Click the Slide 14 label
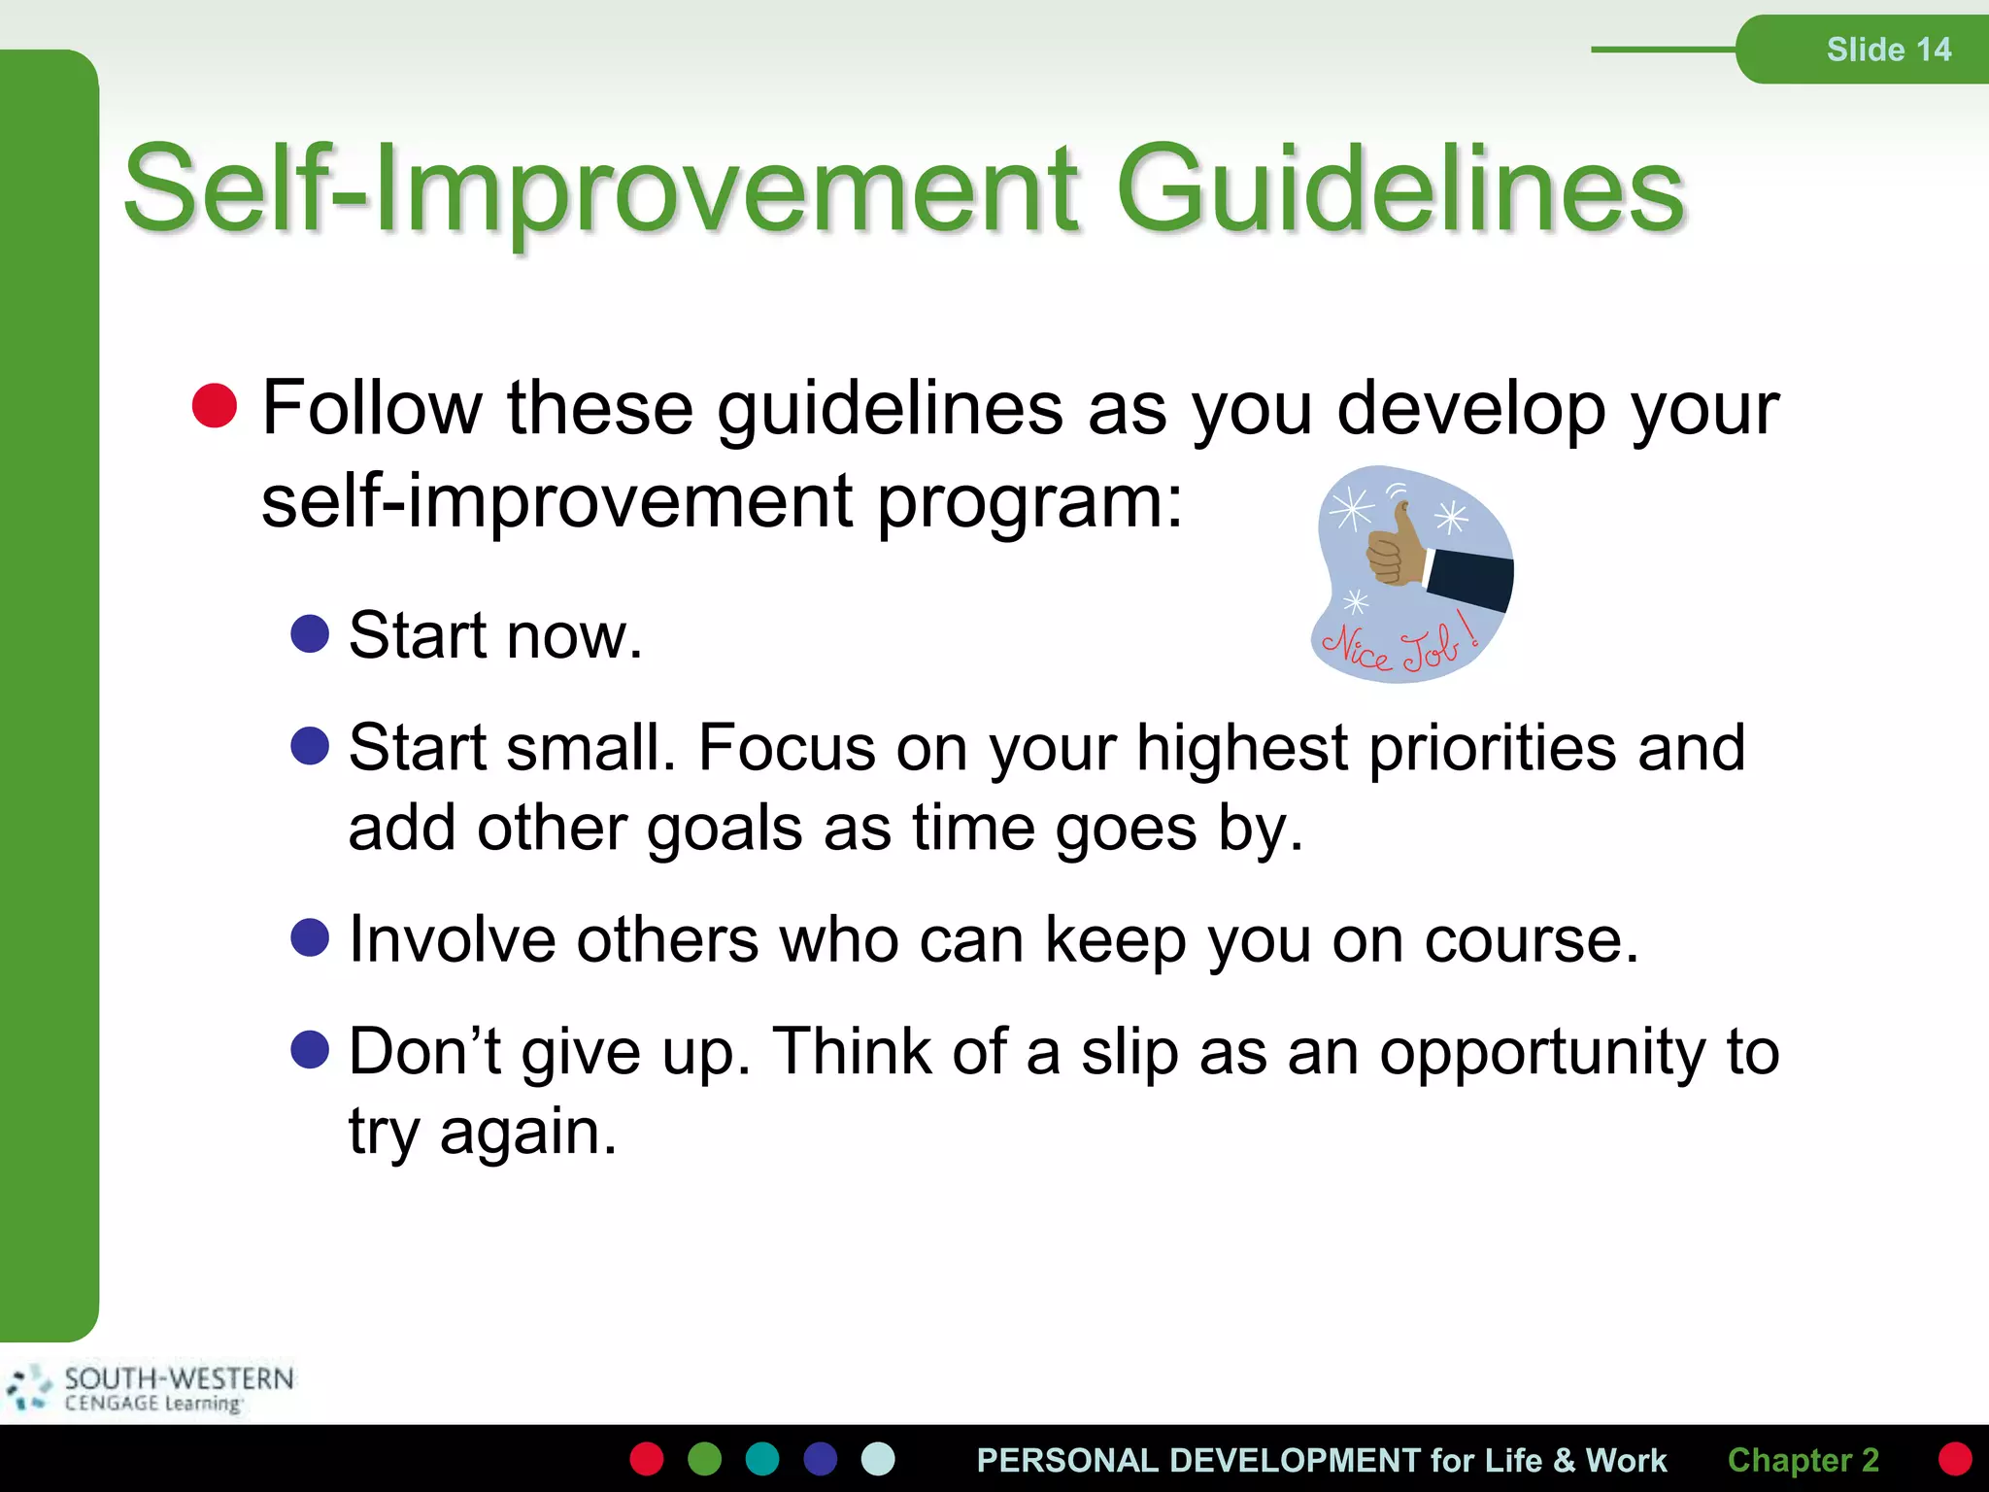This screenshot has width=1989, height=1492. click(x=1888, y=50)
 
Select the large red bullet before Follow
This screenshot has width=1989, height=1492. click(x=215, y=405)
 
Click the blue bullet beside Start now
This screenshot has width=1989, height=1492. click(x=310, y=633)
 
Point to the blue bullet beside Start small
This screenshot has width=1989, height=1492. click(x=310, y=745)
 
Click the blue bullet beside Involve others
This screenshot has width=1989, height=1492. click(x=310, y=937)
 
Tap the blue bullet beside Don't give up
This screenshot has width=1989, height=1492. click(x=310, y=1049)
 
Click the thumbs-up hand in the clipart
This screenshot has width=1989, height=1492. click(x=1395, y=549)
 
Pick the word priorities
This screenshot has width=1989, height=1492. click(x=1492, y=748)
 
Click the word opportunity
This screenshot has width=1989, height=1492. click(x=1542, y=1052)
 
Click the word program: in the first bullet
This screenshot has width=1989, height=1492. click(x=1030, y=503)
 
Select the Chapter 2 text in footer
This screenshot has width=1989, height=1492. click(x=1803, y=1460)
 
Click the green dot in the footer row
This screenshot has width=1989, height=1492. click(x=704, y=1459)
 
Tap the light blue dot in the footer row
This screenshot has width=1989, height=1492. click(x=878, y=1459)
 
